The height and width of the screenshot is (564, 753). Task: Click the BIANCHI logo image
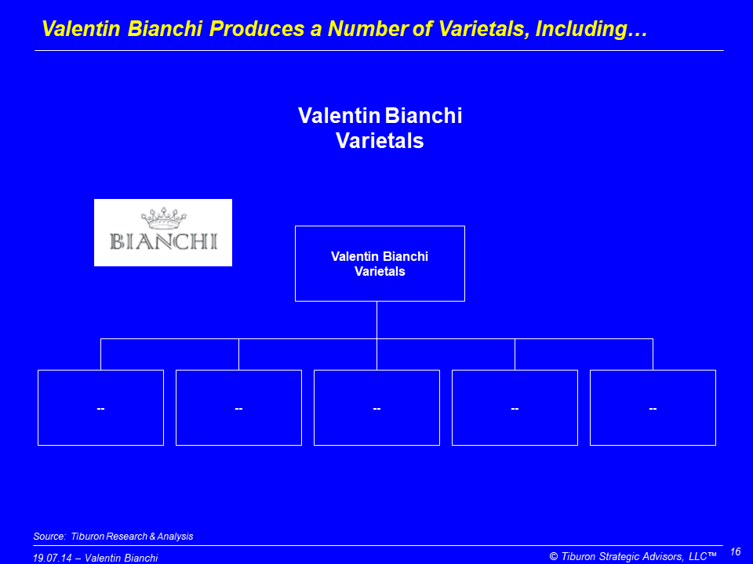(163, 233)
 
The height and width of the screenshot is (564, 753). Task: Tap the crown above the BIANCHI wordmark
(164, 219)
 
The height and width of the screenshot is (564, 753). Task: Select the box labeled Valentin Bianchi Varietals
(380, 263)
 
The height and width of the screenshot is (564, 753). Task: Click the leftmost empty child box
(101, 407)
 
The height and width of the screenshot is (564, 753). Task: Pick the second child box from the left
(238, 407)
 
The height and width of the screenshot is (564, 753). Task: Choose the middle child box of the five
(377, 407)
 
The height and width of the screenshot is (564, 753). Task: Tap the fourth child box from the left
(515, 407)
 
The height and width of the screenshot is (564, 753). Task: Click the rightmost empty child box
(653, 407)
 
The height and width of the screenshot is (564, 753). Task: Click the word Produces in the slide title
(256, 29)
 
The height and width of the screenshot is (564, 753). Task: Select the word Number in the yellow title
(368, 29)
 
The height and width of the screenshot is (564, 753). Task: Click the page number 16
(735, 551)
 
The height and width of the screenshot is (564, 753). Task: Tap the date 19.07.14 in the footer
(53, 558)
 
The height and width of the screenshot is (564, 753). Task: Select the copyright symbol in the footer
(554, 556)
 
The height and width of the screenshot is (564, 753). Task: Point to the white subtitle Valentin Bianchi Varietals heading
(380, 128)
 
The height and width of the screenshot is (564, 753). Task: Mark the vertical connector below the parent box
(377, 320)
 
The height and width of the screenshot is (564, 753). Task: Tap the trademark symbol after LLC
(712, 555)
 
